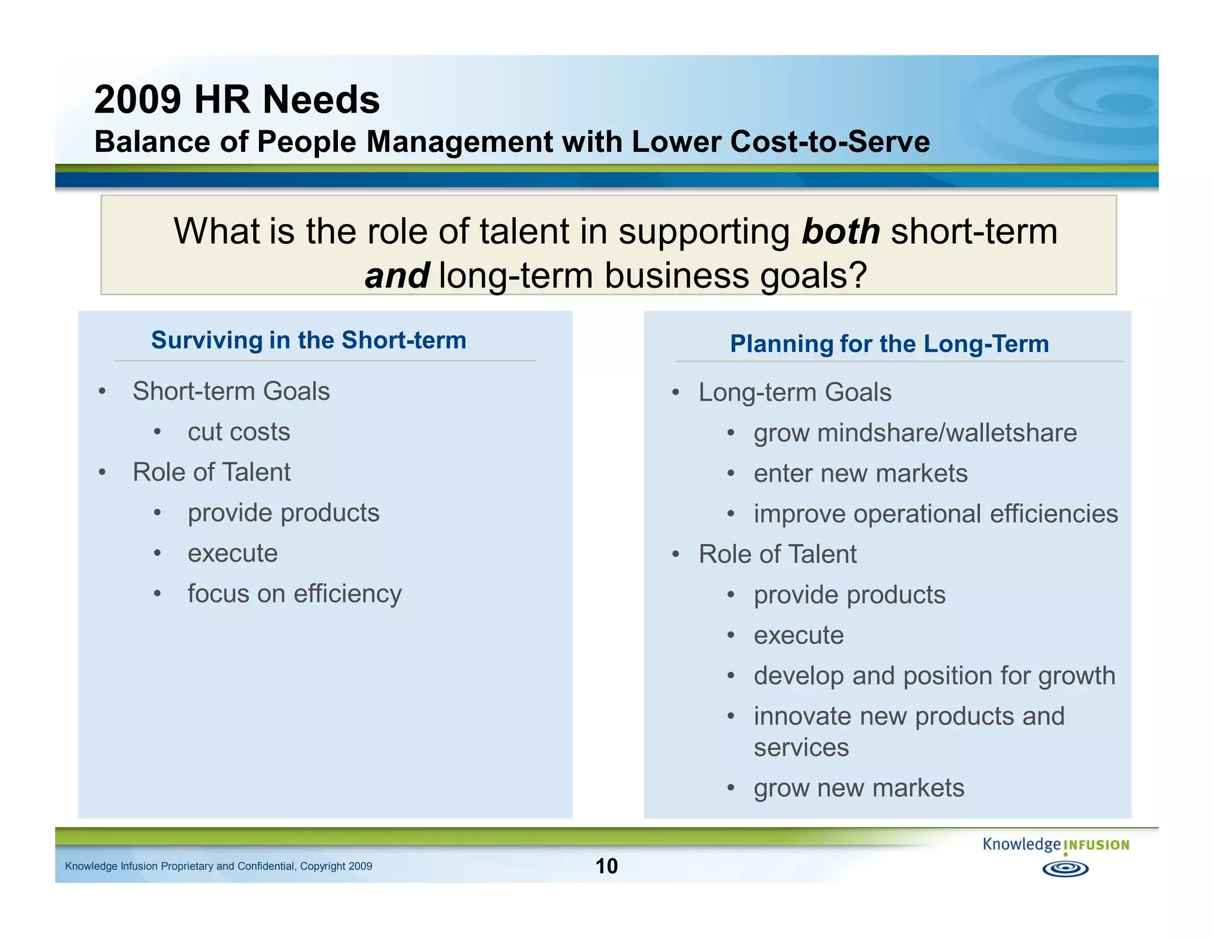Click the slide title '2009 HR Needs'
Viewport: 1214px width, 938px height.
(237, 100)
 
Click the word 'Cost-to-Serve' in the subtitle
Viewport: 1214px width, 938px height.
(830, 142)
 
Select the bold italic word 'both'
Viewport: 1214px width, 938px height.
(841, 231)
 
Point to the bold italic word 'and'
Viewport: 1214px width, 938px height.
(397, 276)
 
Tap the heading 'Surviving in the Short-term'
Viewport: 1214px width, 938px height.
(308, 340)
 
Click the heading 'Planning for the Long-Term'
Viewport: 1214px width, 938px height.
(889, 344)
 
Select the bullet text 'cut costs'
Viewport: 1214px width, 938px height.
(239, 432)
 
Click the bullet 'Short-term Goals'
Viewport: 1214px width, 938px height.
(231, 391)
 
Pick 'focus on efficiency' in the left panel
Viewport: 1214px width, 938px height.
(295, 594)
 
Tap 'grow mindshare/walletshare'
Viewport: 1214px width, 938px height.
(915, 433)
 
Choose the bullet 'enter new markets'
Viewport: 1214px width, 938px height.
(860, 473)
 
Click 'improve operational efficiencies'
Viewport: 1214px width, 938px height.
(935, 513)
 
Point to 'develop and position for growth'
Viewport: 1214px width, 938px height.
(934, 676)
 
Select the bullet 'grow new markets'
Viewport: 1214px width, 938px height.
(858, 788)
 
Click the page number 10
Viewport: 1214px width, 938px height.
(606, 866)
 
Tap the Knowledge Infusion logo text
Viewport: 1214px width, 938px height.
(1055, 844)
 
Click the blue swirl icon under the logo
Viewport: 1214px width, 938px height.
(1065, 869)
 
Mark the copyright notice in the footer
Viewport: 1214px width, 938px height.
(218, 866)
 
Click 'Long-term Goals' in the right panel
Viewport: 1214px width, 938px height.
(794, 393)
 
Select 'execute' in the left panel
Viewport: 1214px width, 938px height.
(232, 553)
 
